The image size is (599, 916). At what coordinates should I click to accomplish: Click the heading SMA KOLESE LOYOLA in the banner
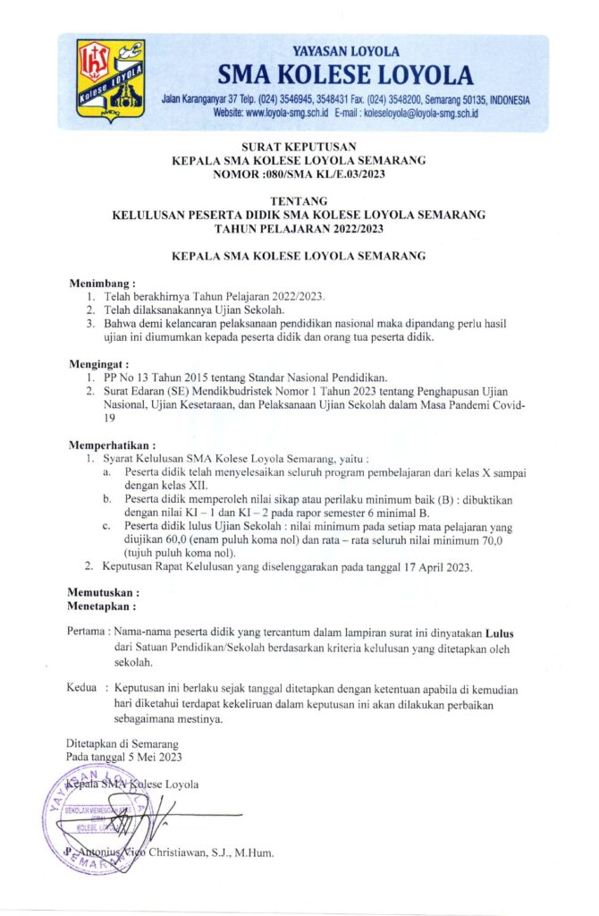(x=345, y=74)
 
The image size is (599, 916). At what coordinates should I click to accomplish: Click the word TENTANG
(x=299, y=201)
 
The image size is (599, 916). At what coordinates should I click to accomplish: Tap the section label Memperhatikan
(x=112, y=444)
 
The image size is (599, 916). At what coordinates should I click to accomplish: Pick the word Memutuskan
(x=104, y=592)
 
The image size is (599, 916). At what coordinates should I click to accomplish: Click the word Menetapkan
(x=103, y=606)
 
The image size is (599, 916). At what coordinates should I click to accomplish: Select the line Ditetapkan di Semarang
(x=122, y=743)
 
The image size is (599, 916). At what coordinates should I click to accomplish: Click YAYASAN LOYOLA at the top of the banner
(x=345, y=52)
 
